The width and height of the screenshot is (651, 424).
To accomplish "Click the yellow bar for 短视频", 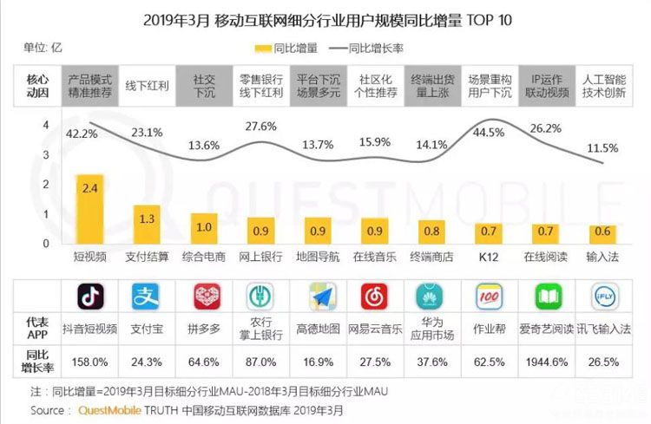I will tap(91, 208).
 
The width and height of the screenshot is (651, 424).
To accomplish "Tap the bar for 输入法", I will tap(602, 233).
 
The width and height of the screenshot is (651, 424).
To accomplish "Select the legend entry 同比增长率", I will tap(380, 49).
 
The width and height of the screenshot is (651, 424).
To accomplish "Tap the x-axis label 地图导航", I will tap(318, 258).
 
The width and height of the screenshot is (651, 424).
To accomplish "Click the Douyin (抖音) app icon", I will tap(90, 297).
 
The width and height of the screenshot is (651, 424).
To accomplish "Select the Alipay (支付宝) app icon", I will tap(147, 297).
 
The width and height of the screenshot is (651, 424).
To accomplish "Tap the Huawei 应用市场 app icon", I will tap(431, 297).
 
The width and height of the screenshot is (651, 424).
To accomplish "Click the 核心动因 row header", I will tap(37, 85).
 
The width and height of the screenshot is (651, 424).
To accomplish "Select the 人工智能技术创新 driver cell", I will tap(602, 85).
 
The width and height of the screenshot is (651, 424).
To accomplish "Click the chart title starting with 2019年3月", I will tap(325, 19).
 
